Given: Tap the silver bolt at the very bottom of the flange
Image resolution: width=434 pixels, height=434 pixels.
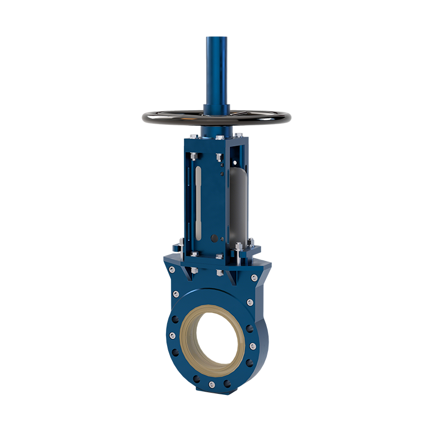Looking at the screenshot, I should (x=212, y=384).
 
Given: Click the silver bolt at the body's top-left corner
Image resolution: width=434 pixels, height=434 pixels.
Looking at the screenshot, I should (x=172, y=270).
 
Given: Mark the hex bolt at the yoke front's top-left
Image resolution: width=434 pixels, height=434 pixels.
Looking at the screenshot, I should (x=193, y=157).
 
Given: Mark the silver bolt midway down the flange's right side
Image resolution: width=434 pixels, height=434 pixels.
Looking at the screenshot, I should (x=252, y=346).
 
